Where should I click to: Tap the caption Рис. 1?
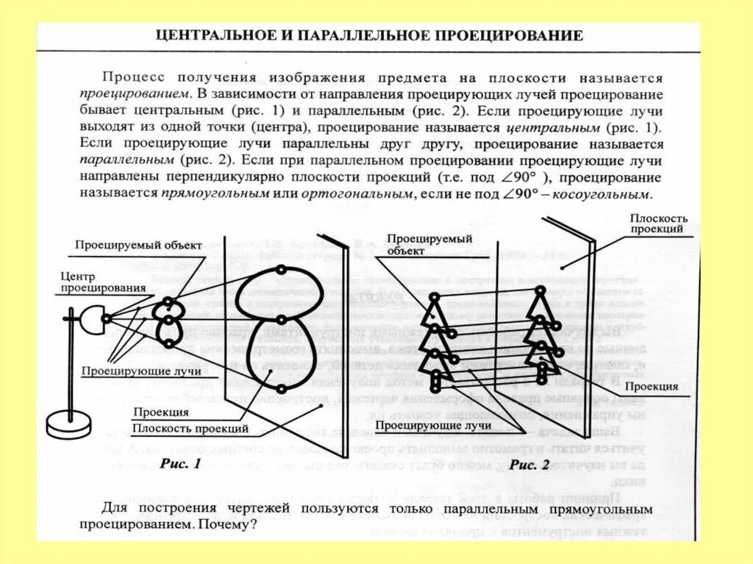click(x=180, y=464)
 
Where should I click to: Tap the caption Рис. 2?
click(x=529, y=464)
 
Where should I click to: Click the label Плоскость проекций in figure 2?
click(x=658, y=224)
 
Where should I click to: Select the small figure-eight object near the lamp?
click(x=169, y=322)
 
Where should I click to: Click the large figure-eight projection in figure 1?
click(x=280, y=330)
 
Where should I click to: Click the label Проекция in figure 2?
click(x=652, y=387)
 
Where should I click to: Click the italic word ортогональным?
click(x=365, y=195)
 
